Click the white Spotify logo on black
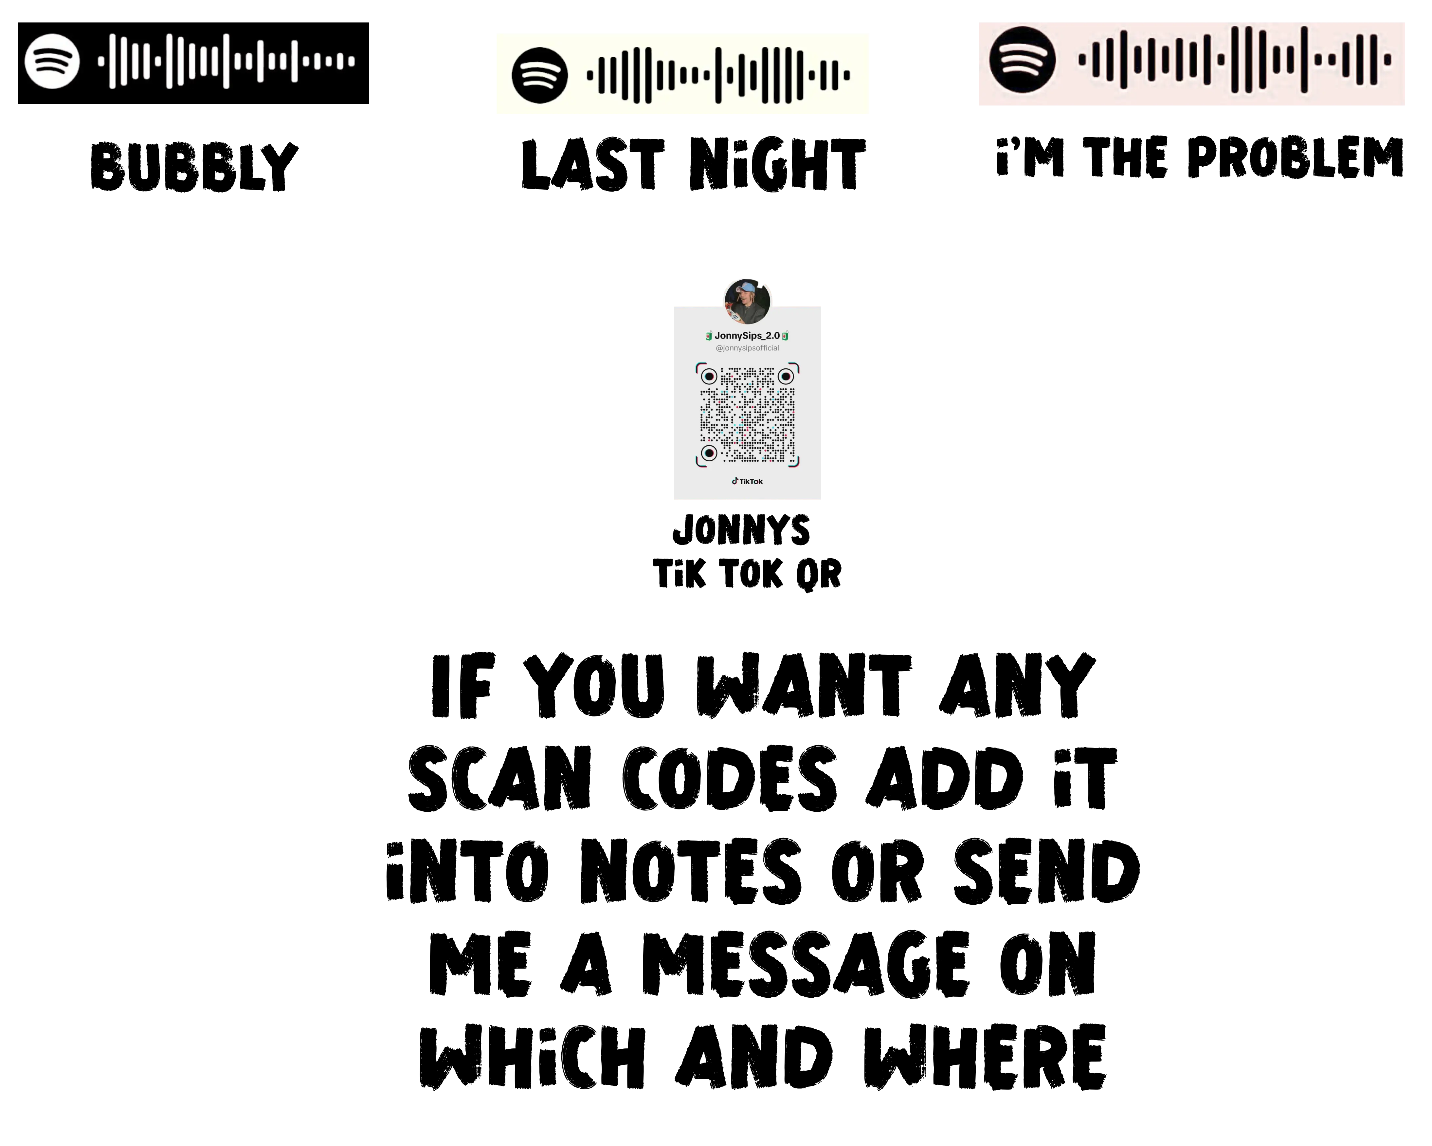tap(52, 61)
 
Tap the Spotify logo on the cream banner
tap(539, 75)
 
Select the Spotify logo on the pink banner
tap(1022, 60)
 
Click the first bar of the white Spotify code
tap(101, 61)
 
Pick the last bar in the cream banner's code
tap(847, 75)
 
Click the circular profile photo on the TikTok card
tap(747, 301)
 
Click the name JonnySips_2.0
tap(747, 336)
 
